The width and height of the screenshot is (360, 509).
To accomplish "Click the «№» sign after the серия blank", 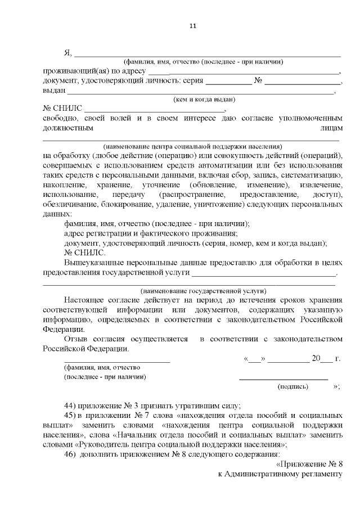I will [x=259, y=81].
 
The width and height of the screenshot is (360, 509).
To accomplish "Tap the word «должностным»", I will [x=67, y=128].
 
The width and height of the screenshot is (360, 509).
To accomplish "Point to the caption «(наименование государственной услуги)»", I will [x=203, y=291].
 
